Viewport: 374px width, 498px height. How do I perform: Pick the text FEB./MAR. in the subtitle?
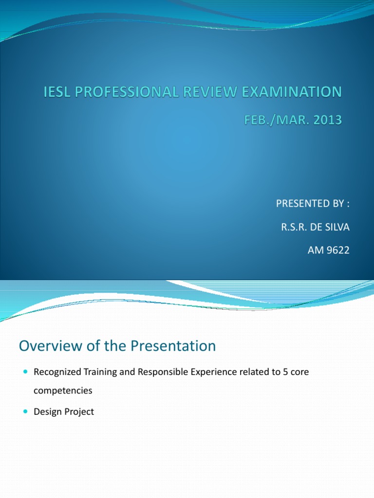(272, 120)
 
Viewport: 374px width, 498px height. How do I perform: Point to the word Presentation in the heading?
(173, 346)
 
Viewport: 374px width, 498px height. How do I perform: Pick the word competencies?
(63, 390)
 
